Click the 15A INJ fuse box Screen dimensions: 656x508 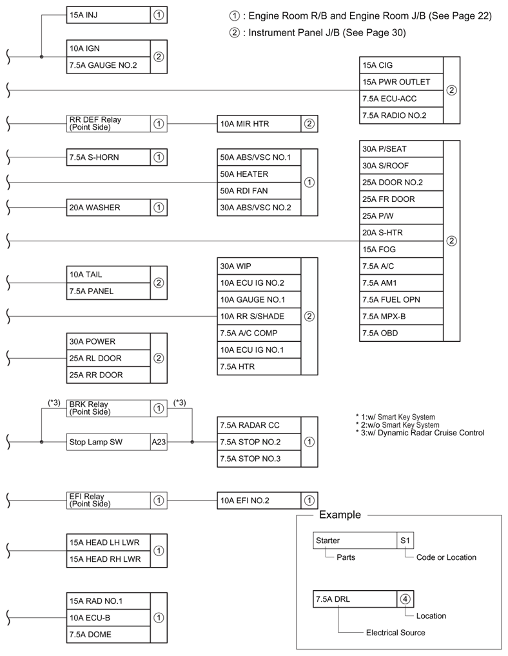(108, 15)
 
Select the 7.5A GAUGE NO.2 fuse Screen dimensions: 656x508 (108, 65)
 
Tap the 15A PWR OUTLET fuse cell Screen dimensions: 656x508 (402, 82)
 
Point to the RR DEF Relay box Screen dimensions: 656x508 (108, 123)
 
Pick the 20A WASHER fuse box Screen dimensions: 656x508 (108, 208)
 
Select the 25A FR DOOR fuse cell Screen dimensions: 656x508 (402, 199)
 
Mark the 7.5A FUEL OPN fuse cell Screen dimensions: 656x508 (402, 300)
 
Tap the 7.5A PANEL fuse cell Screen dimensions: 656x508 (108, 292)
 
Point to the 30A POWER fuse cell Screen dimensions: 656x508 (108, 342)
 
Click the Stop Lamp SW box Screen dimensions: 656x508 (108, 442)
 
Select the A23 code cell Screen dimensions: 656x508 (159, 442)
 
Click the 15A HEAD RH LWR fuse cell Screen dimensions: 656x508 (108, 559)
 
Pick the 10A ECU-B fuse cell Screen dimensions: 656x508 (108, 618)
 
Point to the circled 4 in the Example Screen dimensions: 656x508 (405, 599)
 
